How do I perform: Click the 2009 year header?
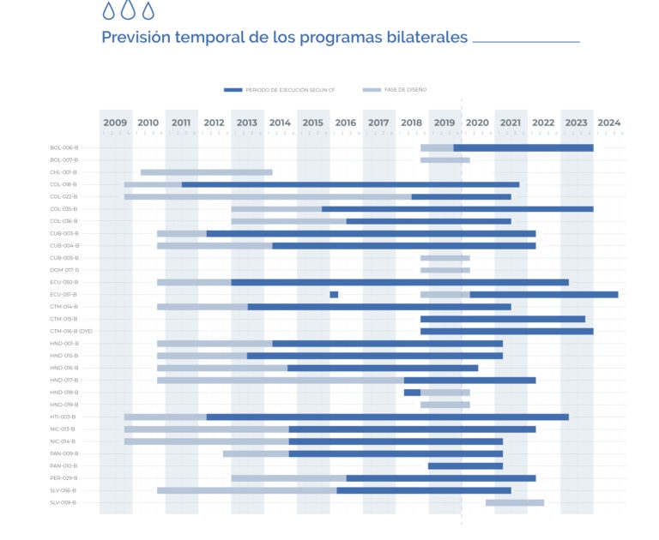point(115,123)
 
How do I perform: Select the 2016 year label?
point(346,123)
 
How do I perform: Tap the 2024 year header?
point(609,123)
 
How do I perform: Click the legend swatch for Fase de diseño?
point(372,90)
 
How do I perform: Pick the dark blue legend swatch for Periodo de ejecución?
point(233,90)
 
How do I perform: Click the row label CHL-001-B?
point(63,172)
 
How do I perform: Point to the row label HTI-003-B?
point(63,417)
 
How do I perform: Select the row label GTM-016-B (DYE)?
point(71,331)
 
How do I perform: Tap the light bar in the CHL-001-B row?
point(206,172)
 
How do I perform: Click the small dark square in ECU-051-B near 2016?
point(334,295)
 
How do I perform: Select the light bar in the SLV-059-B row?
point(515,502)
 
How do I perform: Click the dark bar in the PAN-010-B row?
point(465,466)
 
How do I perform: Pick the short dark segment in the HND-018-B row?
point(412,393)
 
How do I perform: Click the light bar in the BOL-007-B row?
point(444,160)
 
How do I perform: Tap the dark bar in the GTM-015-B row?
point(502,319)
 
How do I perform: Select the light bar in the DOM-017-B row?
point(444,270)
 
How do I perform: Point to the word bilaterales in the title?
point(429,38)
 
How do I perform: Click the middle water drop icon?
point(128,10)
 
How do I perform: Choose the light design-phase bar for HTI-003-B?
point(165,417)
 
